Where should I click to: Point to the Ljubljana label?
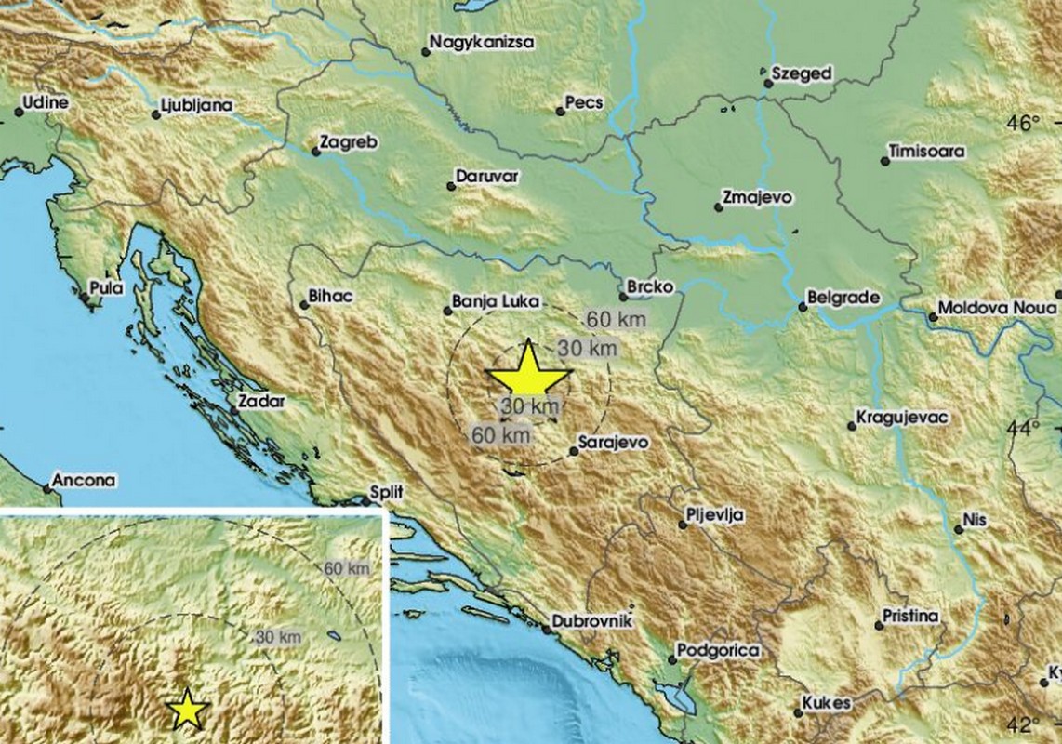195,105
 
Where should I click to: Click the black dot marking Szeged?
769,84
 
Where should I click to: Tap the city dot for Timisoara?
885,162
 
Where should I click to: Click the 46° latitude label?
1026,124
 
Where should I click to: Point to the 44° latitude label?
1026,429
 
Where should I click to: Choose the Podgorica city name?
719,651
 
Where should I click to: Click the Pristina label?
913,616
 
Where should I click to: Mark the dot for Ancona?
46,488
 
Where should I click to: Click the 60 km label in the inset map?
346,568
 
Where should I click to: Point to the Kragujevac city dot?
852,426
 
